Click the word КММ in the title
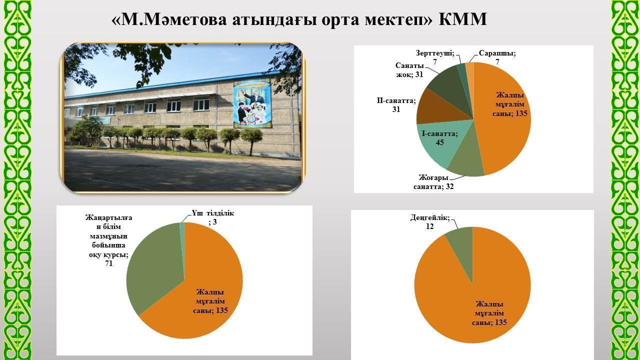pyautogui.click(x=462, y=19)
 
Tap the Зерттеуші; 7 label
pyautogui.click(x=435, y=57)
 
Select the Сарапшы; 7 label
pyautogui.click(x=497, y=57)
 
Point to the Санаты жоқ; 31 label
pyautogui.click(x=409, y=70)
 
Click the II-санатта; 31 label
pyautogui.click(x=396, y=105)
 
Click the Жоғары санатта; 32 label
pyautogui.click(x=433, y=182)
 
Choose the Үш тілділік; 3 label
pyautogui.click(x=213, y=217)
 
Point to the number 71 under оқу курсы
pyautogui.click(x=109, y=263)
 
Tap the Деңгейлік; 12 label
pyautogui.click(x=430, y=222)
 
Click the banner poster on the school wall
pyautogui.click(x=252, y=103)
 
